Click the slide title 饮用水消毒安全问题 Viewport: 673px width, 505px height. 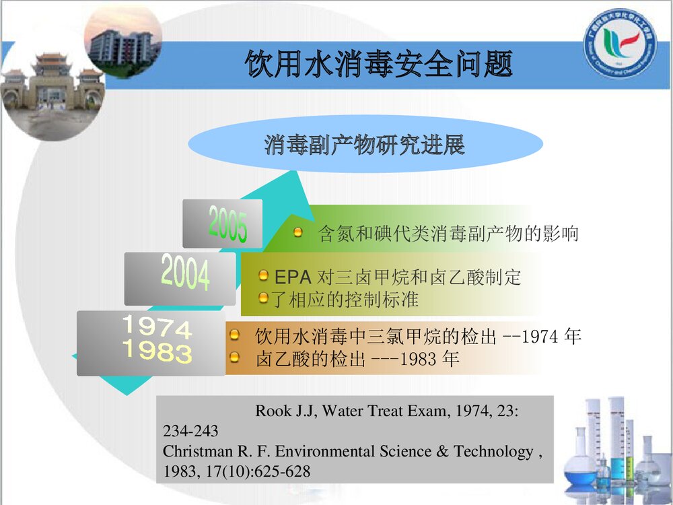click(378, 66)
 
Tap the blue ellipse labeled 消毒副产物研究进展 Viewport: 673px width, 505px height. click(365, 144)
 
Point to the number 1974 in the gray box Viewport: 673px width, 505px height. click(156, 328)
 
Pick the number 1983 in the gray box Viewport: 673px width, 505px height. click(156, 351)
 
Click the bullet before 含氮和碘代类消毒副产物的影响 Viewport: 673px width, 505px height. click(298, 232)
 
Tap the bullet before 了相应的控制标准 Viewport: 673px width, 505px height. click(264, 297)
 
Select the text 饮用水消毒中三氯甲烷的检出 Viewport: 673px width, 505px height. click(376, 335)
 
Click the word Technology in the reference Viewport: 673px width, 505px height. click(493, 452)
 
